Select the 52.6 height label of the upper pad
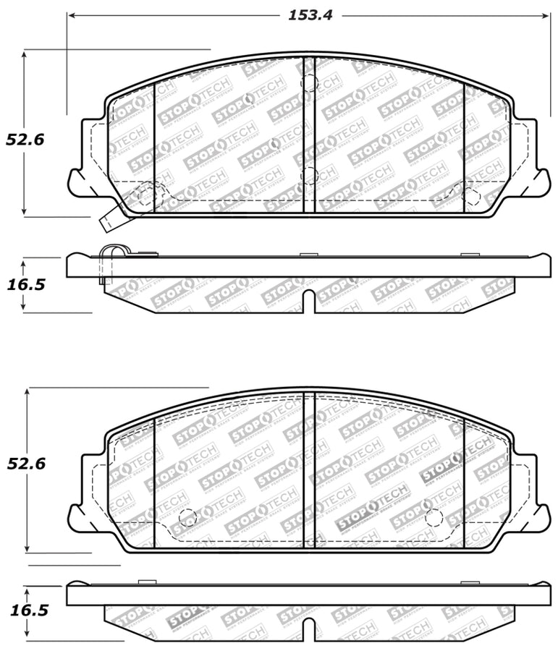pyautogui.click(x=25, y=140)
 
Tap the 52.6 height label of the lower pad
pyautogui.click(x=26, y=464)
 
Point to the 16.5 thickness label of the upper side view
pyautogui.click(x=26, y=284)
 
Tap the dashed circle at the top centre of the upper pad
pyautogui.click(x=309, y=82)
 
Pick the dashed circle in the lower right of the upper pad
pyautogui.click(x=470, y=196)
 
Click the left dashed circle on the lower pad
pyautogui.click(x=187, y=518)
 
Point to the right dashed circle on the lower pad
pyautogui.click(x=434, y=517)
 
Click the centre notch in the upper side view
pyautogui.click(x=309, y=301)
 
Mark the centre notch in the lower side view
pyautogui.click(x=309, y=628)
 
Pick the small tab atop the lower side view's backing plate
pyautogui.click(x=147, y=582)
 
